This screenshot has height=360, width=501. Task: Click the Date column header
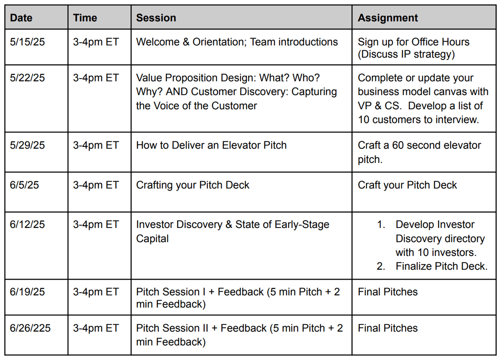pos(21,18)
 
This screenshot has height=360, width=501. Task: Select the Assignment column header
pos(388,18)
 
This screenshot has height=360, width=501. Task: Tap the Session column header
pos(156,18)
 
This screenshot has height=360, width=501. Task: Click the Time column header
pos(85,18)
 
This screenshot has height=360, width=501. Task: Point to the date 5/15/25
pos(27,42)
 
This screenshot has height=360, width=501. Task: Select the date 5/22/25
pos(27,78)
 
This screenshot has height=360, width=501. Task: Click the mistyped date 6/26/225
pos(30,328)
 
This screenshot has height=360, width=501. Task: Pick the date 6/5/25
pos(24,185)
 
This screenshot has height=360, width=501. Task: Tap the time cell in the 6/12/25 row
pos(96,224)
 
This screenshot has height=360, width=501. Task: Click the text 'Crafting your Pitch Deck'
pos(193,185)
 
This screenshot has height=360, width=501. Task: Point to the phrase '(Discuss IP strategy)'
pos(406,54)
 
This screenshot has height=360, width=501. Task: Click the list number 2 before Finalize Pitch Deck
pos(381,266)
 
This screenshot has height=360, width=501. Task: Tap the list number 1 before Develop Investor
pos(381,224)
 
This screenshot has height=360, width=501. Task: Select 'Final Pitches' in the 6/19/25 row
pos(388,292)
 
